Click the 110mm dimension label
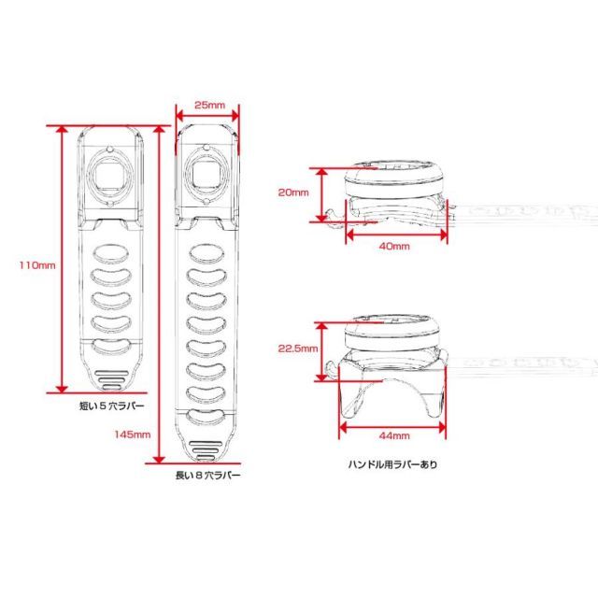[37, 265]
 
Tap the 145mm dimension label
[133, 434]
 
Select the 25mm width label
[209, 105]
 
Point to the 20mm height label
[293, 192]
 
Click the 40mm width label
[394, 246]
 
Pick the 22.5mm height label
[298, 349]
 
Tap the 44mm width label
[394, 435]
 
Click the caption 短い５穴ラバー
[112, 406]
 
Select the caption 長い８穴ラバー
[207, 476]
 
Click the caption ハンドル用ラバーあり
[392, 464]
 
